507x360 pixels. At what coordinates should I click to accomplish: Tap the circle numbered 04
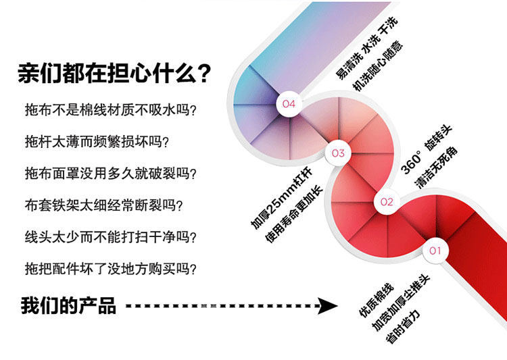(x=289, y=104)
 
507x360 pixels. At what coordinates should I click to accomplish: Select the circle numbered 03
(x=337, y=153)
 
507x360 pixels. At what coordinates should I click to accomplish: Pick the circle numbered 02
(x=386, y=202)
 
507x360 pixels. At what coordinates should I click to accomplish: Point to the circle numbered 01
(x=435, y=251)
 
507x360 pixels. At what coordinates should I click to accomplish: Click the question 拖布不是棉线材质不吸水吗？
(x=114, y=110)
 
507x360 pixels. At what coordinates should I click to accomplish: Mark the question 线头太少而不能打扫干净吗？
(x=110, y=237)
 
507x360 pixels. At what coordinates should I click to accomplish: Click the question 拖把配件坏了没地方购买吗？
(x=110, y=269)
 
